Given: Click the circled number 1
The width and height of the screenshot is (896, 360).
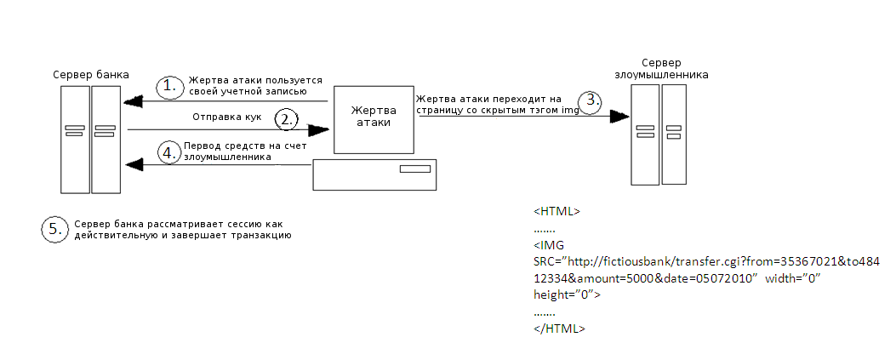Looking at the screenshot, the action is point(169,86).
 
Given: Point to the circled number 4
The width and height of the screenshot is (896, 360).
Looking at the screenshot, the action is point(169,153).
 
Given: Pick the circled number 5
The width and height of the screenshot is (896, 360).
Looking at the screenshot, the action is point(54,229).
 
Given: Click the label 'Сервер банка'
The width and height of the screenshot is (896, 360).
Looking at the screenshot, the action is point(91,75).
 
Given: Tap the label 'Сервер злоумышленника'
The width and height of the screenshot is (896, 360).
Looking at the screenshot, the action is point(661,69).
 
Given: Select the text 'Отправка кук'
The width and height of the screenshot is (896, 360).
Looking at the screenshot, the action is point(227,117).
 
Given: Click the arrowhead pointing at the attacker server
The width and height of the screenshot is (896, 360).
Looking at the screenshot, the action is point(619,116).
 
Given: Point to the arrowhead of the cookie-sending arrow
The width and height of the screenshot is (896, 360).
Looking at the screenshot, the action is point(319,130).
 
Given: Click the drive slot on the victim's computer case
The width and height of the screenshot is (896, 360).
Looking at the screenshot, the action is point(415,169).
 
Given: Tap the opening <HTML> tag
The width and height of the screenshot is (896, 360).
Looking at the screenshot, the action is point(557,211).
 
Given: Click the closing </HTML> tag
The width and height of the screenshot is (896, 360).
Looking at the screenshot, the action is point(559,329).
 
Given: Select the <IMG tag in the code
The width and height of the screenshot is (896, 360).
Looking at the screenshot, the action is point(549,245).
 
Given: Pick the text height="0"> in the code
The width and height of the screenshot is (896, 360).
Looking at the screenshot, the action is point(567,294).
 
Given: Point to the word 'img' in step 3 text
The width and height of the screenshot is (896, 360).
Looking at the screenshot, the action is point(570,111).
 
